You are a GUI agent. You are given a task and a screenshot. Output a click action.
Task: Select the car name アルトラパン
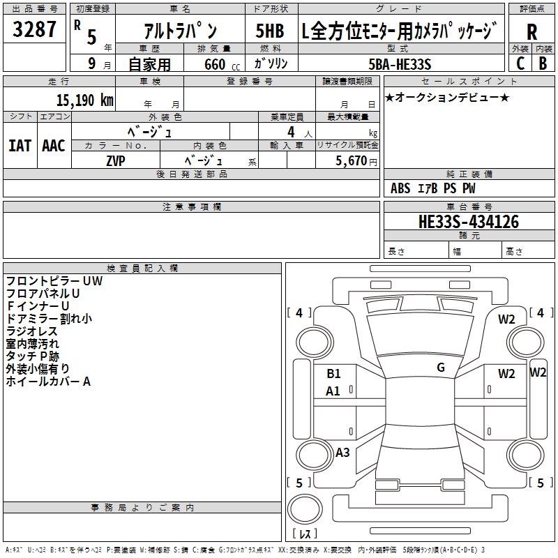click(180, 31)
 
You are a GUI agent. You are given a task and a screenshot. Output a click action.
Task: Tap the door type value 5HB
click(269, 31)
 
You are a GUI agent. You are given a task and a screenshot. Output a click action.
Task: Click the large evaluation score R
click(532, 31)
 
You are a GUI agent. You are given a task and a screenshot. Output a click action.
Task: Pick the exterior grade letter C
click(520, 63)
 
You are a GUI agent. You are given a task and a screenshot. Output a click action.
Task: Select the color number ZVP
click(115, 160)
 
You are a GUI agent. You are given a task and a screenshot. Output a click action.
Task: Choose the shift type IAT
click(20, 146)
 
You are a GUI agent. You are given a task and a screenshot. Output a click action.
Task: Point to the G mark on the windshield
click(441, 368)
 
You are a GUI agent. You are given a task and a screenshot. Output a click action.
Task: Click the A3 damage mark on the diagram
click(342, 453)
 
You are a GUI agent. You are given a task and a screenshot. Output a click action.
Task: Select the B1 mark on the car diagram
click(333, 374)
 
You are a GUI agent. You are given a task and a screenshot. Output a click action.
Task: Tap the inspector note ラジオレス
click(32, 331)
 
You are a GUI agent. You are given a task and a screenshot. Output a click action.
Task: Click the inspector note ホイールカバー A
click(48, 382)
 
